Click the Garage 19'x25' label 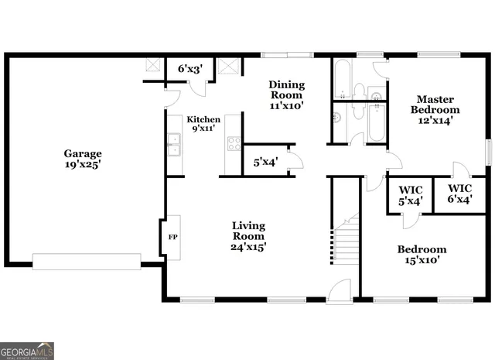tap(83, 159)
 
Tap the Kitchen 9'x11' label tap(203, 125)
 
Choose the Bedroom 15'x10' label tap(422, 255)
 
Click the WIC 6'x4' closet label tap(459, 194)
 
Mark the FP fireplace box tap(173, 238)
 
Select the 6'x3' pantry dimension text tap(190, 70)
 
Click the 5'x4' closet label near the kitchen tap(267, 163)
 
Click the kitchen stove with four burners tap(233, 144)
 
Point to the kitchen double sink tap(174, 145)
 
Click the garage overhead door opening tap(87, 262)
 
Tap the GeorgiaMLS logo tap(27, 351)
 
